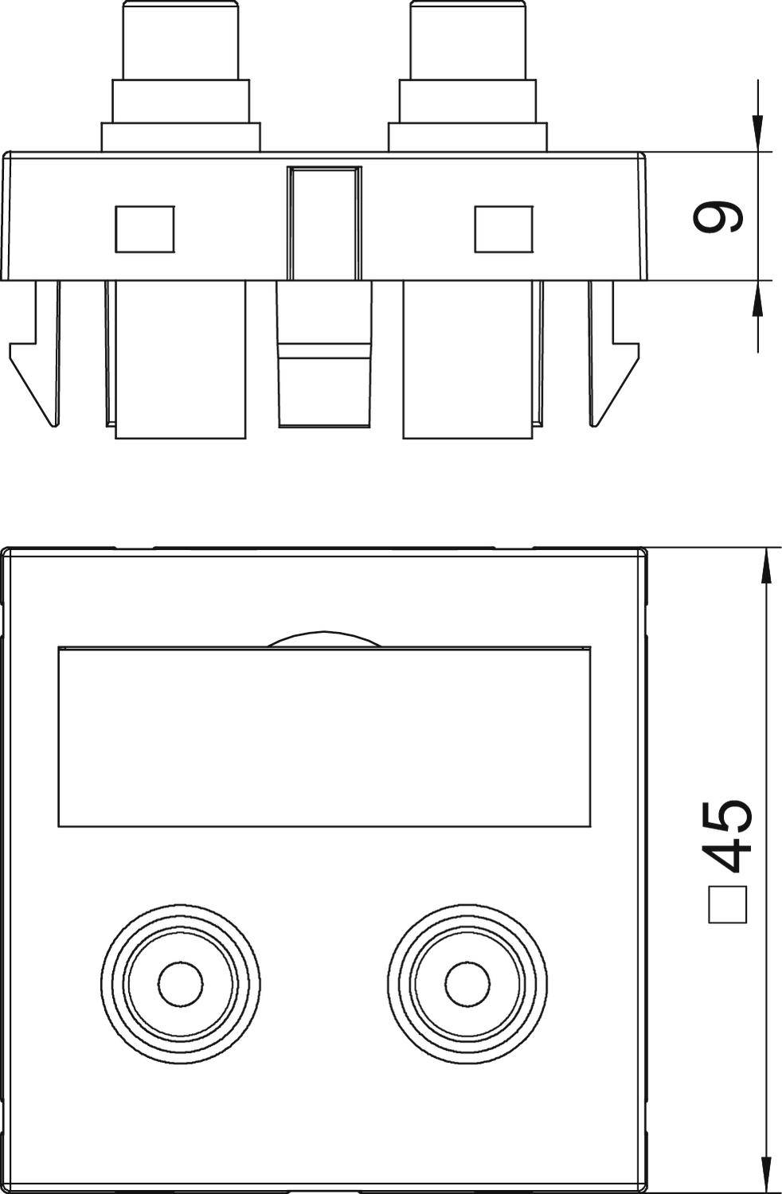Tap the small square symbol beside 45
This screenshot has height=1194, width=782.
click(x=727, y=904)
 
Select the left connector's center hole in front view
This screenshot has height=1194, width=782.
click(x=181, y=984)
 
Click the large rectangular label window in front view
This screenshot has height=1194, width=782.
click(x=325, y=736)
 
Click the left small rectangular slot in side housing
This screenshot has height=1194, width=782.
click(x=145, y=229)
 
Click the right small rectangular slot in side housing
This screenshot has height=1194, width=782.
click(x=503, y=229)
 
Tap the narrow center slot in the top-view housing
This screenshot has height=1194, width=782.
click(x=324, y=223)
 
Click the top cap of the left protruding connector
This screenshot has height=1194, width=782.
click(x=180, y=40)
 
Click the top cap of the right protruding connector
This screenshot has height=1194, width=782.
click(x=468, y=40)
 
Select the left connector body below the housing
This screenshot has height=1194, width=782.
click(x=180, y=358)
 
